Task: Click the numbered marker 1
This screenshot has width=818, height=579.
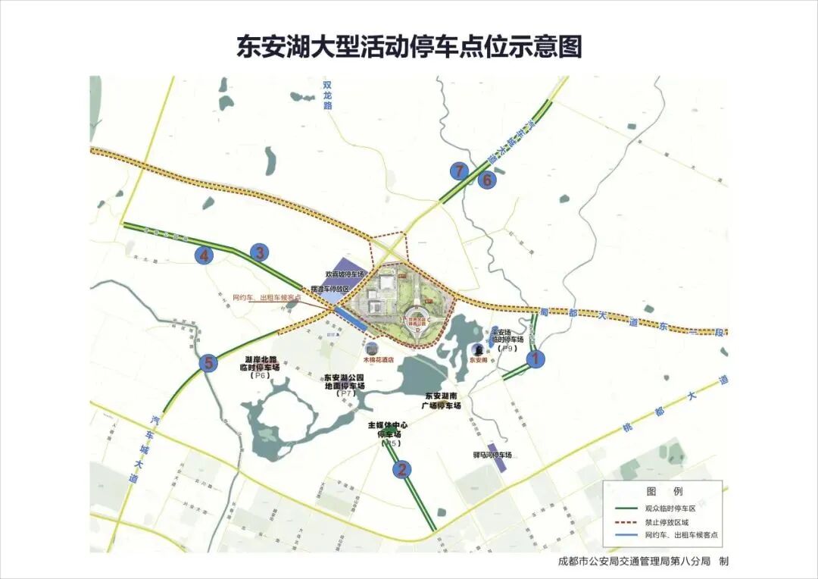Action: click(x=535, y=358)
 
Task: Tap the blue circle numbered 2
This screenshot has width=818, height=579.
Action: click(x=402, y=469)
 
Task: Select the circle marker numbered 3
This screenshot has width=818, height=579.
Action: click(x=260, y=252)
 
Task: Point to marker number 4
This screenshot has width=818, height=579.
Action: click(x=204, y=256)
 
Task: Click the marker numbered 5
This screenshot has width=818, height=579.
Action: click(x=208, y=363)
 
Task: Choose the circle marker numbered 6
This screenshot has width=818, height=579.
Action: click(x=488, y=180)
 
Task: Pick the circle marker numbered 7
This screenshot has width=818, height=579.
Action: click(x=457, y=171)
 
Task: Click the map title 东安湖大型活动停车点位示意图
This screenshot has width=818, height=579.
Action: click(x=409, y=46)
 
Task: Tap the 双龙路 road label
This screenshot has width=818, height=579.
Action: click(x=328, y=95)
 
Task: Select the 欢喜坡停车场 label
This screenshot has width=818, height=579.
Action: click(x=345, y=274)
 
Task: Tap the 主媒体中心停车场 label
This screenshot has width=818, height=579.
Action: click(x=388, y=430)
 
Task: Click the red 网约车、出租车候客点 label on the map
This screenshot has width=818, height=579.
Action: click(x=267, y=298)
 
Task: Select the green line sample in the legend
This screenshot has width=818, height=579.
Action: click(x=625, y=509)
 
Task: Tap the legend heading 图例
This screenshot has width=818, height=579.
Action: click(x=664, y=492)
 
